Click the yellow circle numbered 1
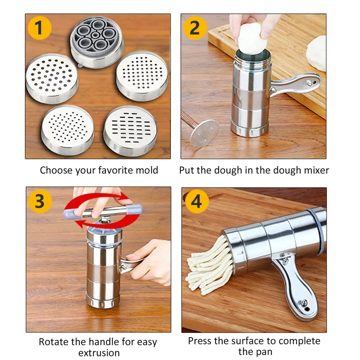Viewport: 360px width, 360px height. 39,28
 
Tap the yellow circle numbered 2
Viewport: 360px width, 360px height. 195,28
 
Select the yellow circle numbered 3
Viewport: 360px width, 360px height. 40,201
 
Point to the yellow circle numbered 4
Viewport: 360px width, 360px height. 196,201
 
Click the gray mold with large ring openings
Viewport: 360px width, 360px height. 97,41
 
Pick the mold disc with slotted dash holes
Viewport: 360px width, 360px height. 130,131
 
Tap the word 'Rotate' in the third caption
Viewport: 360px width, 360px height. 54,342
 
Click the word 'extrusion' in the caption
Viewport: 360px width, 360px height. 99,353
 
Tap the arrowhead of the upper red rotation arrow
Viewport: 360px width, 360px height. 124,197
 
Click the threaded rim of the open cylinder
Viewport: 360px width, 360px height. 253,62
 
